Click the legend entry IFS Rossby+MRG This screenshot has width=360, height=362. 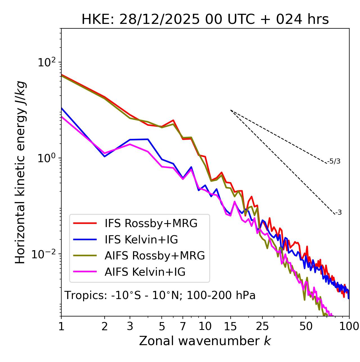pyautogui.click(x=151, y=223)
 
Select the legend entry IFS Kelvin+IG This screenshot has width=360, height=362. pyautogui.click(x=141, y=240)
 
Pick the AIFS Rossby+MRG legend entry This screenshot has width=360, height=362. pyautogui.click(x=155, y=256)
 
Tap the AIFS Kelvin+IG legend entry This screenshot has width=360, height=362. pyautogui.click(x=145, y=272)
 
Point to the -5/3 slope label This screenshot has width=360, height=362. pyautogui.click(x=334, y=161)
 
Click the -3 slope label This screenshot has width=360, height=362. pyautogui.click(x=338, y=212)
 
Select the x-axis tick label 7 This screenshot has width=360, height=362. pyautogui.click(x=183, y=326)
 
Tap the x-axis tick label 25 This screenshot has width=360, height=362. pyautogui.click(x=262, y=326)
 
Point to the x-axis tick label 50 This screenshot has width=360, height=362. pyautogui.click(x=306, y=326)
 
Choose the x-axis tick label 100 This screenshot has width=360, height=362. pyautogui.click(x=349, y=326)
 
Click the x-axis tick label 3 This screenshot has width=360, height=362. pyautogui.click(x=130, y=326)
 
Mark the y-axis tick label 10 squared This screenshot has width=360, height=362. pyautogui.click(x=47, y=62)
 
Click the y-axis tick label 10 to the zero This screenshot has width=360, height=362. pyautogui.click(x=47, y=158)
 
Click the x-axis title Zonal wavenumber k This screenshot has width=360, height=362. pyautogui.click(x=205, y=341)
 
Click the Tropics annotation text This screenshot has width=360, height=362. pyautogui.click(x=160, y=295)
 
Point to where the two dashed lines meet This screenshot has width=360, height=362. pyautogui.click(x=231, y=110)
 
